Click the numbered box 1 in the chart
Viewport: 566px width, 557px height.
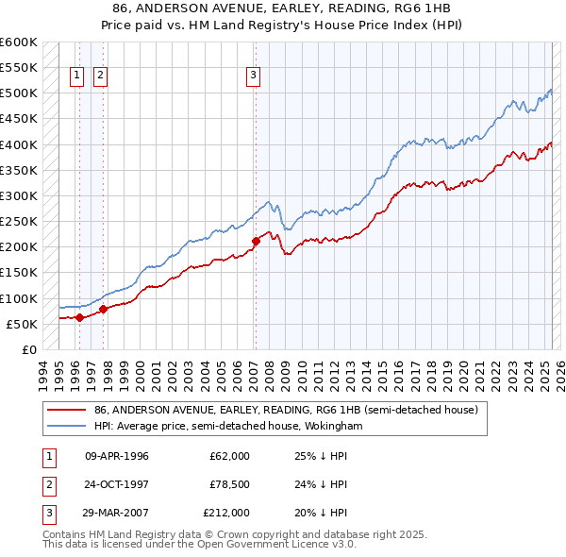[x=76, y=77]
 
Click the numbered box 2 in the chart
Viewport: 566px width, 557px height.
[x=100, y=77]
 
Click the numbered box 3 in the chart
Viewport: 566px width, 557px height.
[x=254, y=77]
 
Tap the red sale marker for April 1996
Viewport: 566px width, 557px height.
[x=79, y=317]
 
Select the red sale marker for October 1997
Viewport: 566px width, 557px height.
[x=104, y=309]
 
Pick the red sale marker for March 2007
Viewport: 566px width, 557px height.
[x=256, y=241]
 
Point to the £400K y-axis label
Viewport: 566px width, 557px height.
[x=19, y=145]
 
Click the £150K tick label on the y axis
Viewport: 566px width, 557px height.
[x=19, y=273]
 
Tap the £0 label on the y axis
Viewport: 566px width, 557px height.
[x=28, y=350]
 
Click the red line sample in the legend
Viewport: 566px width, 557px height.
[x=67, y=411]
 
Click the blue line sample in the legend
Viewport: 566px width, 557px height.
[x=67, y=426]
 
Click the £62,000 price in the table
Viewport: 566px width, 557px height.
[x=229, y=456]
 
